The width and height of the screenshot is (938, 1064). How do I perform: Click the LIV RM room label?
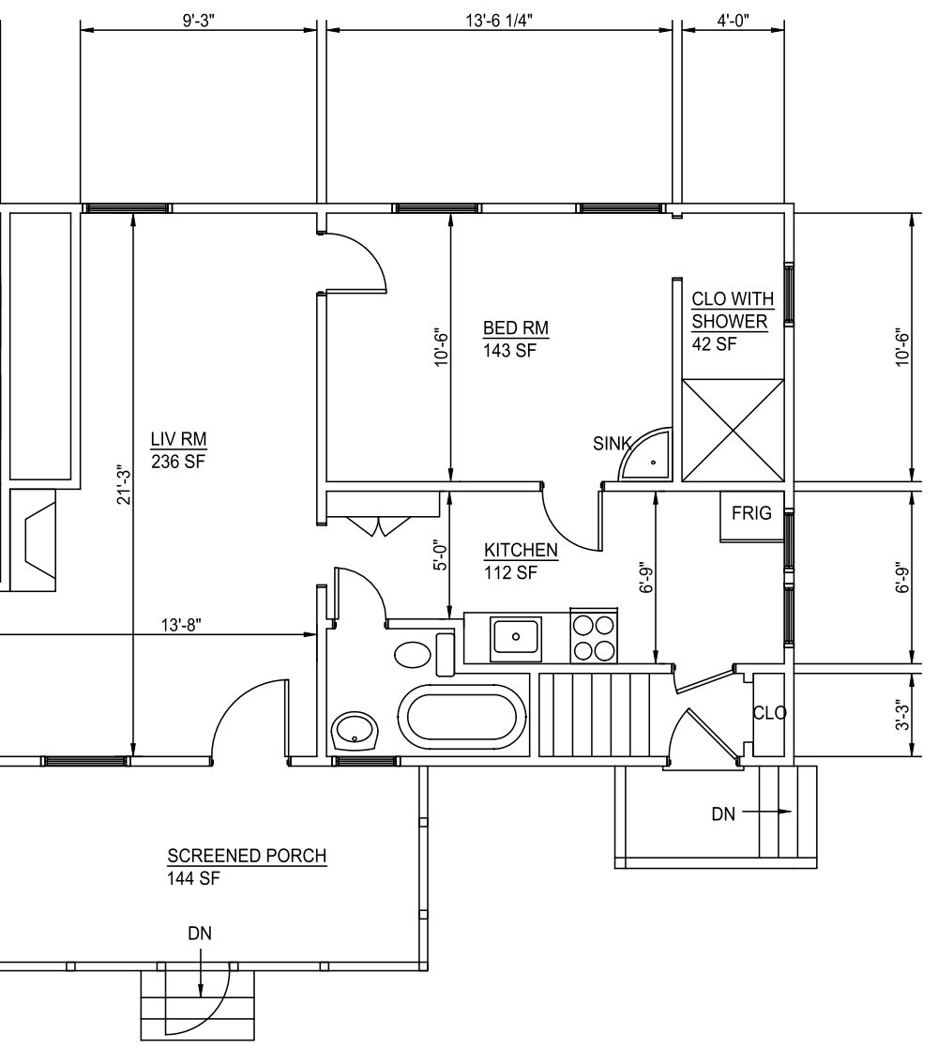[178, 439]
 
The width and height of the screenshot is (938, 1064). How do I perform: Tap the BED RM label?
[516, 327]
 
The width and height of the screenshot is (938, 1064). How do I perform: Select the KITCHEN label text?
[521, 550]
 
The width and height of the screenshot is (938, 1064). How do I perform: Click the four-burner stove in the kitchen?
[594, 635]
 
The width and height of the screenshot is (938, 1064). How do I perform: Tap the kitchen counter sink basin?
[516, 637]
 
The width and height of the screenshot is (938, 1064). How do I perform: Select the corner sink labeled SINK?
[645, 455]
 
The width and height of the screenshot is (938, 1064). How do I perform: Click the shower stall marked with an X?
[734, 431]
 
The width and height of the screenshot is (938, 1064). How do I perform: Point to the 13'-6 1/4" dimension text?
[499, 20]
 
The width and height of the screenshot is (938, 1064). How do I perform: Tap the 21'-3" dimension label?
[123, 485]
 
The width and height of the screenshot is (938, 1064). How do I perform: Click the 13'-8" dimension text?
[181, 624]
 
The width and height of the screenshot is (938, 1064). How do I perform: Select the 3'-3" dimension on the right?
[902, 714]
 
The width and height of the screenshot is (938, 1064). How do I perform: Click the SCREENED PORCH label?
[247, 856]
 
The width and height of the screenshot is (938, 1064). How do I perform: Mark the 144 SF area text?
[193, 878]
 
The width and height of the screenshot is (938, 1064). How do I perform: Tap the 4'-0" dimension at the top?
[733, 20]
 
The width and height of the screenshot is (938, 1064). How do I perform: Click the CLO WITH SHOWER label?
[731, 311]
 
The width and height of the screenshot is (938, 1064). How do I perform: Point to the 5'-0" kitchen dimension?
[441, 555]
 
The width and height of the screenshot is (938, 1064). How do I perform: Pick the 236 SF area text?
[177, 462]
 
